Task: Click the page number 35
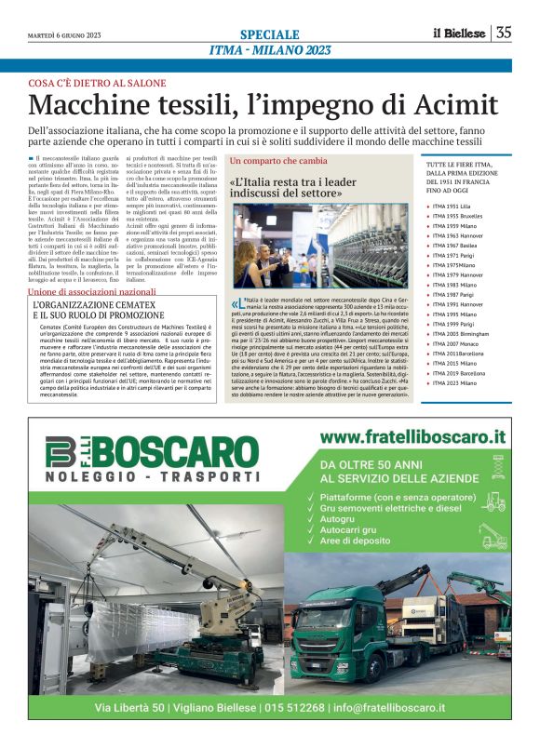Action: click(x=504, y=33)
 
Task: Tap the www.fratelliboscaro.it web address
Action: click(x=412, y=435)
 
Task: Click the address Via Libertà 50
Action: click(x=130, y=710)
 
